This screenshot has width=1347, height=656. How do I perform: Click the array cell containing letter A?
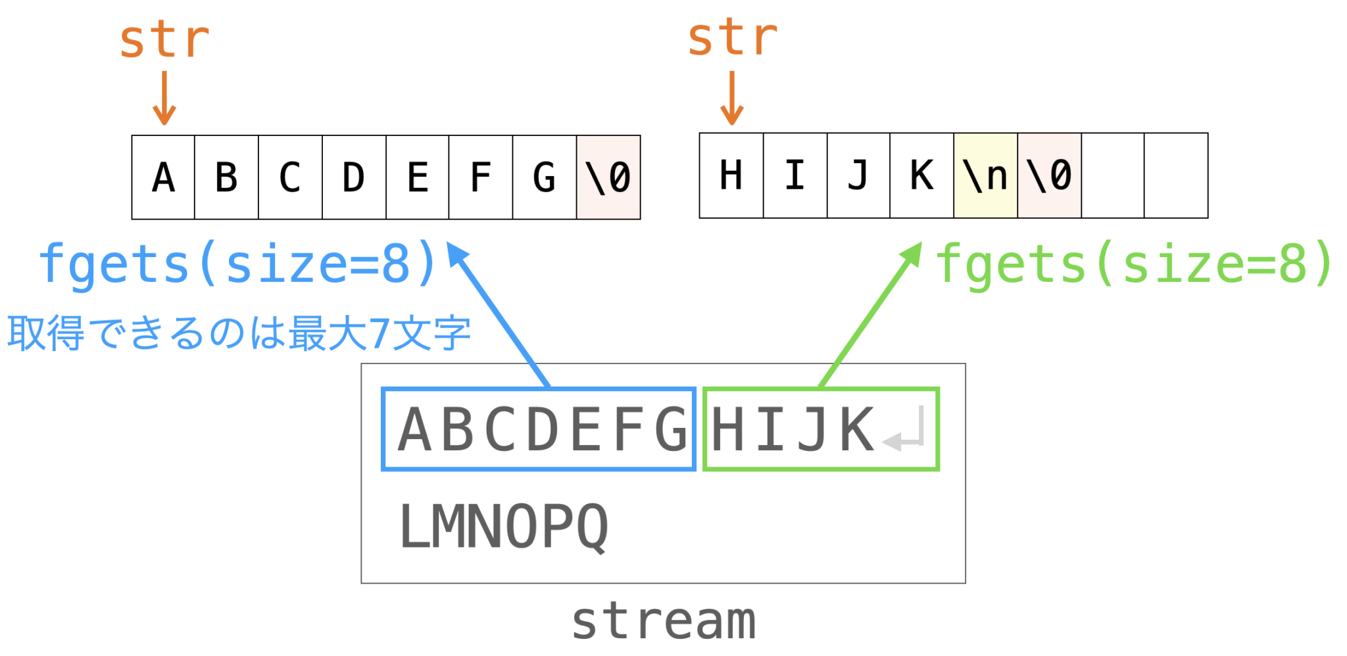tap(163, 177)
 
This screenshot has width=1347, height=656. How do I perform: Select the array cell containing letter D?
tap(354, 177)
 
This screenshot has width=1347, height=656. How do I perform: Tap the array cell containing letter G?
tap(545, 177)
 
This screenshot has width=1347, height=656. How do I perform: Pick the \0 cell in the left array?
tap(608, 177)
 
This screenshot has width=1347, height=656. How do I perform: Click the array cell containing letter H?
tap(731, 176)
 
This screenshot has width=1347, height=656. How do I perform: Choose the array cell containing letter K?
tap(921, 176)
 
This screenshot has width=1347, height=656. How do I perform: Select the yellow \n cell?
tap(985, 176)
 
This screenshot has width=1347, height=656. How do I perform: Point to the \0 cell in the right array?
tap(1049, 176)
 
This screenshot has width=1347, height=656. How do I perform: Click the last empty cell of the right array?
tap(1176, 176)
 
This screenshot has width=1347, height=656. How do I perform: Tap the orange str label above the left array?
tap(164, 41)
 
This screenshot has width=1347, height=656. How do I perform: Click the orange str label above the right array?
tap(733, 38)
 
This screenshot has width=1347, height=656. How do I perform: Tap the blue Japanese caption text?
tap(239, 333)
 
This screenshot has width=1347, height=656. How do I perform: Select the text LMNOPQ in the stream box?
tap(504, 527)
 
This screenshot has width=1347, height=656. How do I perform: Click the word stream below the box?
tap(664, 621)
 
